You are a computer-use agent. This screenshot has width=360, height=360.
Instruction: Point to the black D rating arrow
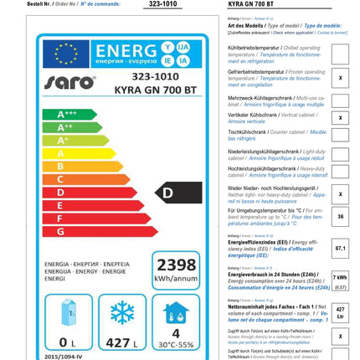point(178,193)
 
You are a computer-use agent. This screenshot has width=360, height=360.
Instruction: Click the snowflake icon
point(122,313)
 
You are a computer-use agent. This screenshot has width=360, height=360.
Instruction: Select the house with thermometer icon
point(175,313)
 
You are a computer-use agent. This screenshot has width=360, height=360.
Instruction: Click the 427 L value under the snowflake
point(122,342)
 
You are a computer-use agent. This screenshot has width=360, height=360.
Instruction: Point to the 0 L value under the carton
point(68,342)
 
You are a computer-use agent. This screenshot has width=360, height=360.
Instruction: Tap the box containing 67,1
point(340,248)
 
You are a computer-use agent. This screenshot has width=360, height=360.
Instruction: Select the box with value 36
point(340,216)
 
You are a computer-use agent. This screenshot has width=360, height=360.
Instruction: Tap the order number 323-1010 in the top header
point(162,4)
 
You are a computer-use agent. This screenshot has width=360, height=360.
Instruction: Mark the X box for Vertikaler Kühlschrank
point(340,118)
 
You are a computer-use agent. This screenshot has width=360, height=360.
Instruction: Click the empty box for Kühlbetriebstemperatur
point(340,54)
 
